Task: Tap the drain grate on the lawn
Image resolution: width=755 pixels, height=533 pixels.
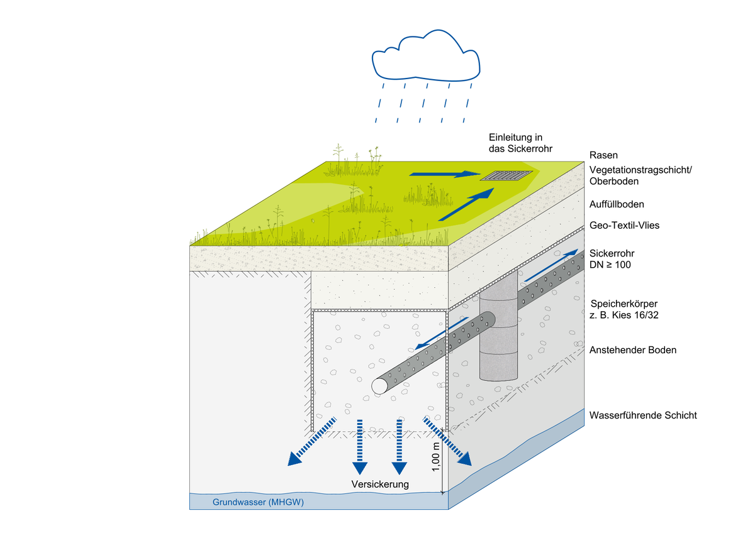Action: coord(506,175)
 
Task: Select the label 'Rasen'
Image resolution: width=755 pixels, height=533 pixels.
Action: coord(603,155)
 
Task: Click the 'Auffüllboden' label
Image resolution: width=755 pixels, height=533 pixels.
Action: coord(617,204)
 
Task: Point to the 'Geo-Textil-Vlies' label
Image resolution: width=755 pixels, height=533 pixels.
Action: coord(624,225)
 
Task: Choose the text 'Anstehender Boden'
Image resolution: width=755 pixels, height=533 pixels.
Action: coord(633,349)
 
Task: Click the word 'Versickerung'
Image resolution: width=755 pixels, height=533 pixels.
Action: coord(380,484)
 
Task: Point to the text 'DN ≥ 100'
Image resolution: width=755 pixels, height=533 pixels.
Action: coord(610,265)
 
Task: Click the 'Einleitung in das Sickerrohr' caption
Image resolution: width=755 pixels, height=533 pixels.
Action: coord(516,143)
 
